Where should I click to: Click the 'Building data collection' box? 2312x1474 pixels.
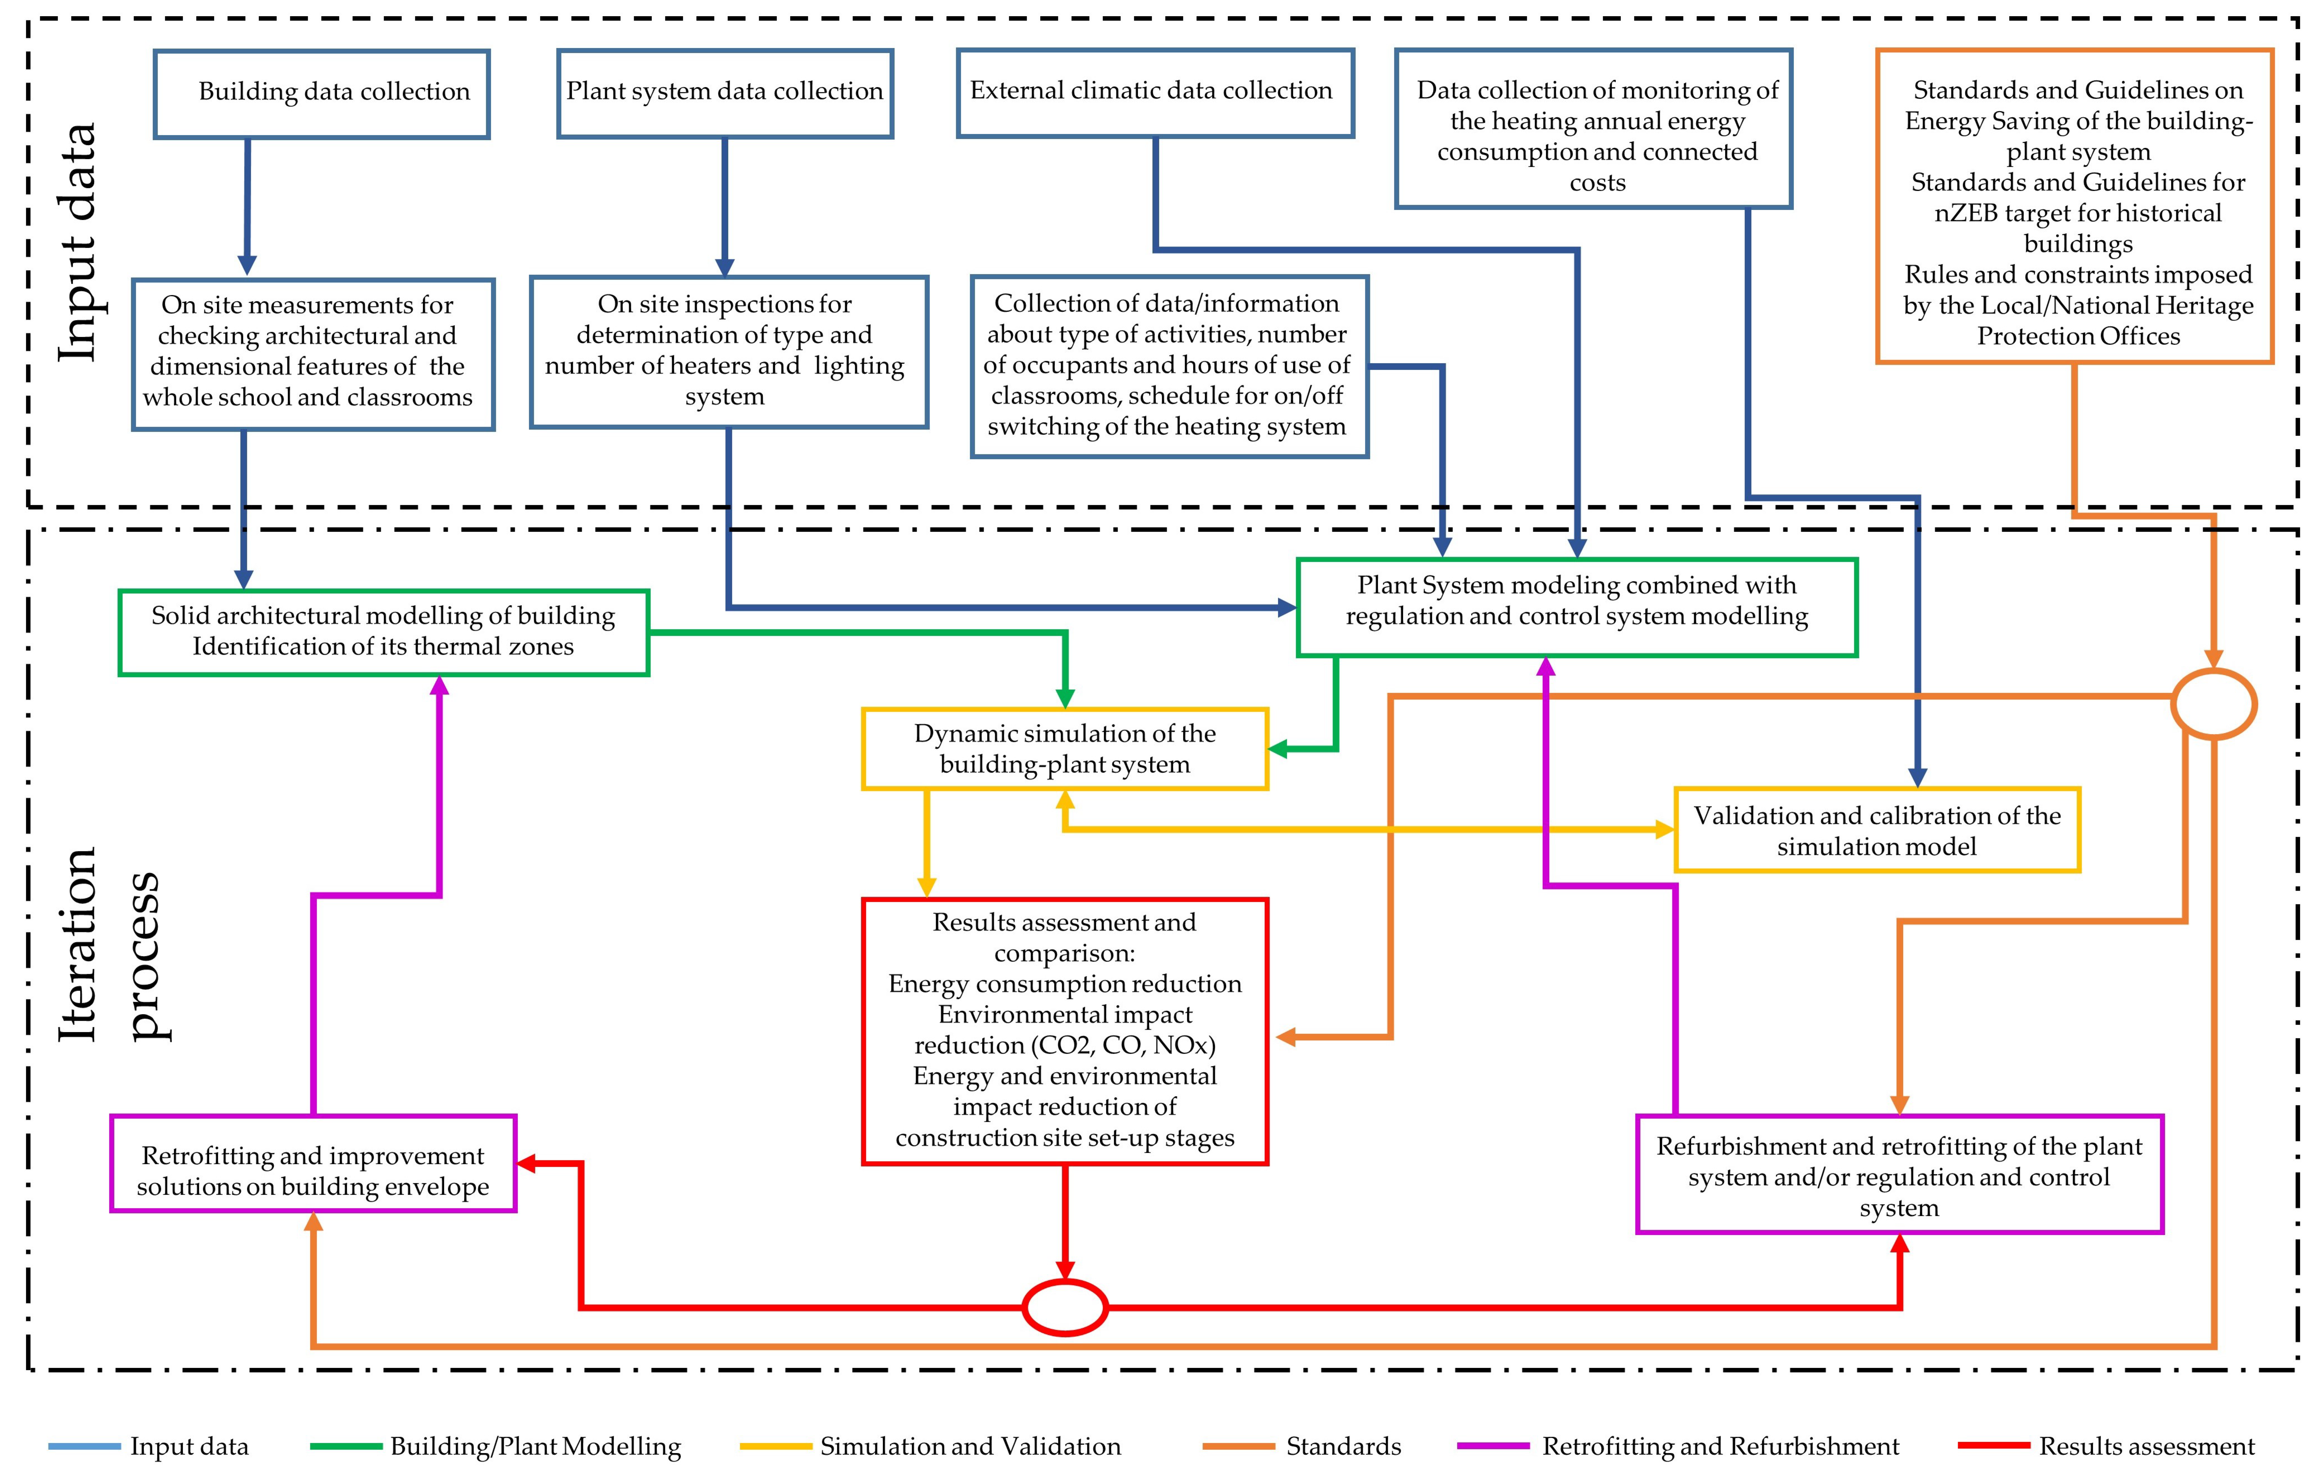[322, 93]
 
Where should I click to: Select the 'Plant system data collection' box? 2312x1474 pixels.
[725, 93]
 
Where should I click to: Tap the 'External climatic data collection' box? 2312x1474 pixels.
[1155, 92]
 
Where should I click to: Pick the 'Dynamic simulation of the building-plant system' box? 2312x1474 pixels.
[1065, 749]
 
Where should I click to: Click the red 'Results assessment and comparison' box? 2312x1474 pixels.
[1065, 1030]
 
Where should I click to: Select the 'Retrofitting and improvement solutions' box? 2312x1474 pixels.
[313, 1163]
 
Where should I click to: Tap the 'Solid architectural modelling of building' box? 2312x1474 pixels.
[383, 632]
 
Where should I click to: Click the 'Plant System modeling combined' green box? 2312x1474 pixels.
[1577, 607]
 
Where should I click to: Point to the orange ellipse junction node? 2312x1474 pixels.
[2213, 704]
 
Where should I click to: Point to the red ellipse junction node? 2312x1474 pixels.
[1065, 1307]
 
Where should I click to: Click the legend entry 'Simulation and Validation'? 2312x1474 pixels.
[970, 1446]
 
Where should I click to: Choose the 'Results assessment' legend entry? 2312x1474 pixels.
[2146, 1446]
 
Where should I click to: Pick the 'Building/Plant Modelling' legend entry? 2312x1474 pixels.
[535, 1446]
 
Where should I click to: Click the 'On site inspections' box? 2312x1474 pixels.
[729, 351]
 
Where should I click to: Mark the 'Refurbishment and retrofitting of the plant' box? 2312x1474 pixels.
[1899, 1175]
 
